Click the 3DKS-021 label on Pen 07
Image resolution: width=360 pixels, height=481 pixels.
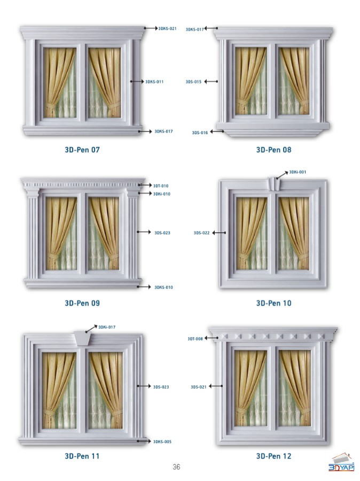167,28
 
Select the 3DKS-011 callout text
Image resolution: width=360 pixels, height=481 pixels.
154,82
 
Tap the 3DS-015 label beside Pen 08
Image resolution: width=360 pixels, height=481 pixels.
193,82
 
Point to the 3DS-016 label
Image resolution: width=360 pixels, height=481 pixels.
200,133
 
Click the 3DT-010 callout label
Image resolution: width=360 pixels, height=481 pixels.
161,186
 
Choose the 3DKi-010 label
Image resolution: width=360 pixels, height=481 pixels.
162,194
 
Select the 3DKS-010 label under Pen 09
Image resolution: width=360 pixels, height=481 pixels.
163,288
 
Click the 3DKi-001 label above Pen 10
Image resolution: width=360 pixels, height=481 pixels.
298,172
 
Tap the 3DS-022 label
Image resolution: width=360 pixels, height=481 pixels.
201,233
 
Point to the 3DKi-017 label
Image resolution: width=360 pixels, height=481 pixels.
107,327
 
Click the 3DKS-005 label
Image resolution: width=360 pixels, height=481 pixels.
162,442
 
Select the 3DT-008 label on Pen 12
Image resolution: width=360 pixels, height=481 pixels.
195,339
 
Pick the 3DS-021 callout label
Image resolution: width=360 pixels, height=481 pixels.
199,387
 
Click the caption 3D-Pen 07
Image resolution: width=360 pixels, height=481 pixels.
82,150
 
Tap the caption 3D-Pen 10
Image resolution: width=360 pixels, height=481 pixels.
273,303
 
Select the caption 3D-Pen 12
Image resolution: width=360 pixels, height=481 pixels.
273,456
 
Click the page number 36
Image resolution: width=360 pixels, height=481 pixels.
176,467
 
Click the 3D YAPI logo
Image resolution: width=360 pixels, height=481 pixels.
341,463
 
